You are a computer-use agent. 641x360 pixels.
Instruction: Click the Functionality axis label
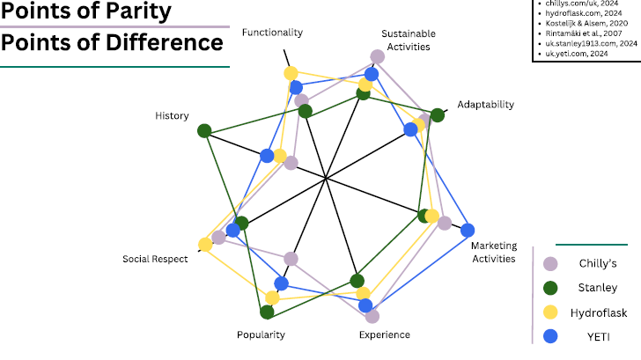[x=272, y=33]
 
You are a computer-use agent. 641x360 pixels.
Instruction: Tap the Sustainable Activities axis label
[x=406, y=40]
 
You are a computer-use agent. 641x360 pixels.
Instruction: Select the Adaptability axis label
[x=486, y=104]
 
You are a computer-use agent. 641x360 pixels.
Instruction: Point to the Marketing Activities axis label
[x=494, y=252]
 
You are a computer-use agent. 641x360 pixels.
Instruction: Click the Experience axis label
[x=385, y=334]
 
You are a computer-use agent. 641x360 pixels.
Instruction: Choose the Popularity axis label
[x=261, y=334]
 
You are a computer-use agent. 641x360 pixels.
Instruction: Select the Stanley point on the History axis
[x=204, y=131]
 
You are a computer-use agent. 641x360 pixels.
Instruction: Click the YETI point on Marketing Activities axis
[x=468, y=231]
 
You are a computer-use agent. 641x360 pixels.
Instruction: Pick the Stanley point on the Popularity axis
[x=267, y=312]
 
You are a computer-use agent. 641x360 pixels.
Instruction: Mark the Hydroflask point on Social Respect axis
[x=205, y=244]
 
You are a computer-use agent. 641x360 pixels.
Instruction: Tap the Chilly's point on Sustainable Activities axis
[x=377, y=56]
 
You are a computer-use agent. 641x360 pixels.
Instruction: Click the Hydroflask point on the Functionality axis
[x=291, y=73]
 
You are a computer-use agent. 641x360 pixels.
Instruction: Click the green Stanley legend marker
[x=551, y=287]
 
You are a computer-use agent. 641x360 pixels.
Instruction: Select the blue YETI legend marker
[x=551, y=335]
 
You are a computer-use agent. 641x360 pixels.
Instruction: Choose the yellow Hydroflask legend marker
[x=551, y=312]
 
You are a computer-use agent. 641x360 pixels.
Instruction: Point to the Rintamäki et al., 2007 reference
[x=588, y=33]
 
